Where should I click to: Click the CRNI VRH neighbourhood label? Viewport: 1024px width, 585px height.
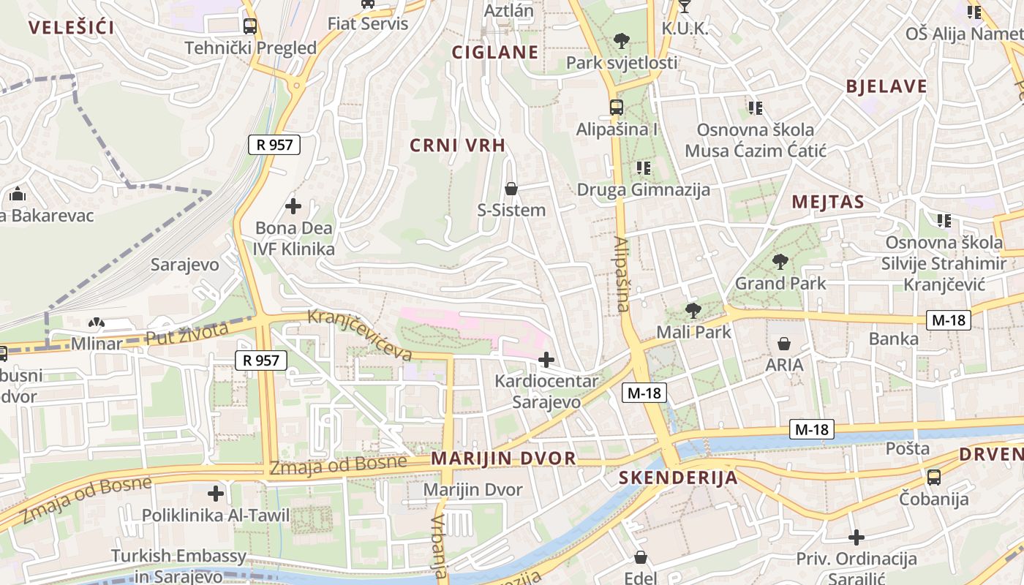tap(457, 146)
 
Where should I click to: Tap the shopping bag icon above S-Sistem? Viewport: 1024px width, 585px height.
tap(511, 189)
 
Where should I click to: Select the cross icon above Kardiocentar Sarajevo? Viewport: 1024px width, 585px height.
tap(546, 359)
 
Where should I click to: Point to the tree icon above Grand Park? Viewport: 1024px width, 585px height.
tap(780, 261)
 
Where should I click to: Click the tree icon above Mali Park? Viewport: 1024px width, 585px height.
tap(693, 310)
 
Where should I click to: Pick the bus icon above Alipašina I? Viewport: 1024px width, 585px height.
tap(617, 107)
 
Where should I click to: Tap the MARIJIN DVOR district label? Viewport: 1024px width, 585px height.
tap(503, 458)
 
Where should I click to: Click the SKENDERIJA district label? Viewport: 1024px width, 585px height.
tap(678, 478)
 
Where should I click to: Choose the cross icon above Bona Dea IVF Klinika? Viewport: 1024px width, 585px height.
tap(293, 206)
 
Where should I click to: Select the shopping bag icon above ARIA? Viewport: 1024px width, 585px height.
tap(784, 343)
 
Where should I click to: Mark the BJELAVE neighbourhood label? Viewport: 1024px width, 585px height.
tap(886, 86)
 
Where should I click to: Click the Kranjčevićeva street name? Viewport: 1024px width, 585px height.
tap(359, 335)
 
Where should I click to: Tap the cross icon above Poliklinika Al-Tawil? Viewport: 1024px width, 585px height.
tap(216, 493)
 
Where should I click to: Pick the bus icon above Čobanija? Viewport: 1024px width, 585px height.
tap(934, 478)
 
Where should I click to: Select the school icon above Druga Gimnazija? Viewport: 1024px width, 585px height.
tap(644, 168)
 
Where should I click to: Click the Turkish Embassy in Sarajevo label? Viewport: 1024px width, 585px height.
tap(179, 565)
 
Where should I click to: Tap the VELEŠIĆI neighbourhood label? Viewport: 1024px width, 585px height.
tap(71, 28)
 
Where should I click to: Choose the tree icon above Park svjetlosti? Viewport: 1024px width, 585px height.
tap(622, 40)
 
